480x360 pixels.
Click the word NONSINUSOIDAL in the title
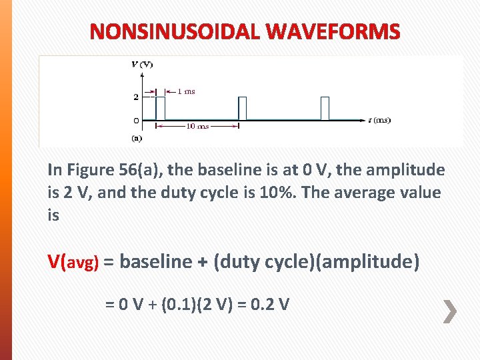click(173, 31)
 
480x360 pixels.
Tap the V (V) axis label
click(141, 64)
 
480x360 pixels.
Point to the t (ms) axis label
click(379, 121)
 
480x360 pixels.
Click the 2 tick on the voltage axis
click(136, 97)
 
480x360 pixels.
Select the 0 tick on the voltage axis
click(136, 121)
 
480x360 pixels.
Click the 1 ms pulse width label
click(185, 91)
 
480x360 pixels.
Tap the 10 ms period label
click(197, 126)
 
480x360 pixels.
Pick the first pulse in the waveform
click(160, 108)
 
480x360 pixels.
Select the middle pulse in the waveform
click(243, 108)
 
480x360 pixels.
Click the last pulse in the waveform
click(325, 108)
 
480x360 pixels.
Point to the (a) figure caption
click(136, 139)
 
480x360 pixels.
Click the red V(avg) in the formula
click(73, 262)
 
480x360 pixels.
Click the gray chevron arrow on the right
click(451, 311)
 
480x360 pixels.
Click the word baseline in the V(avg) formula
click(156, 262)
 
